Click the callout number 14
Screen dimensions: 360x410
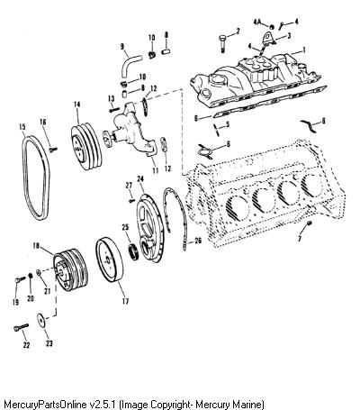[x=77, y=105]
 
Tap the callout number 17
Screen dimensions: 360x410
[x=125, y=301]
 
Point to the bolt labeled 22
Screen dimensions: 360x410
[x=21, y=327]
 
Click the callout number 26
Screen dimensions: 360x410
[x=198, y=241]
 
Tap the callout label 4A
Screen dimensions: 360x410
[x=257, y=22]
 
